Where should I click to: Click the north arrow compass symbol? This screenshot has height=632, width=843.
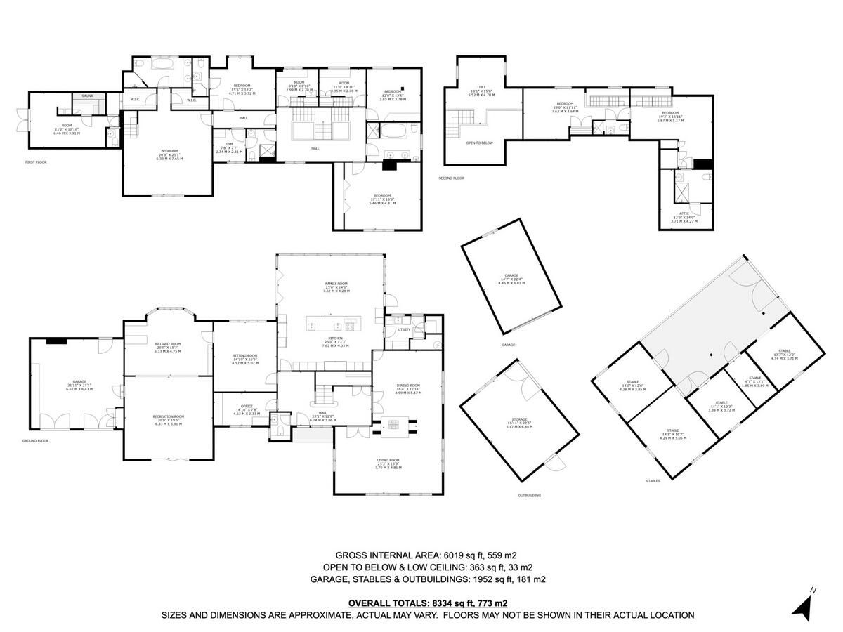click(802, 605)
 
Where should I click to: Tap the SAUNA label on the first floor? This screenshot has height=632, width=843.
click(88, 96)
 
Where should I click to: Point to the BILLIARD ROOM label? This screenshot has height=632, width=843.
click(168, 344)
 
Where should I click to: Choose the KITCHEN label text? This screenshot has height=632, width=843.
click(335, 338)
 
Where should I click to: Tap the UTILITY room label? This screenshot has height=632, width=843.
click(403, 329)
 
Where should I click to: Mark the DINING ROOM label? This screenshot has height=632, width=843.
click(408, 386)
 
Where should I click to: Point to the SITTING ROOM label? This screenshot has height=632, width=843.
click(245, 356)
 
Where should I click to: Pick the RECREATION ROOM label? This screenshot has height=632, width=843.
click(168, 416)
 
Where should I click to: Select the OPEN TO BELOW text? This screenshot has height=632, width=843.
click(479, 143)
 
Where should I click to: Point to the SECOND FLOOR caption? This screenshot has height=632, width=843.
click(451, 178)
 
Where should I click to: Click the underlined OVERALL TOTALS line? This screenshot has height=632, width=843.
click(428, 603)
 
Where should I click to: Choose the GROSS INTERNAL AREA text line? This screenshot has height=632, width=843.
click(428, 555)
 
